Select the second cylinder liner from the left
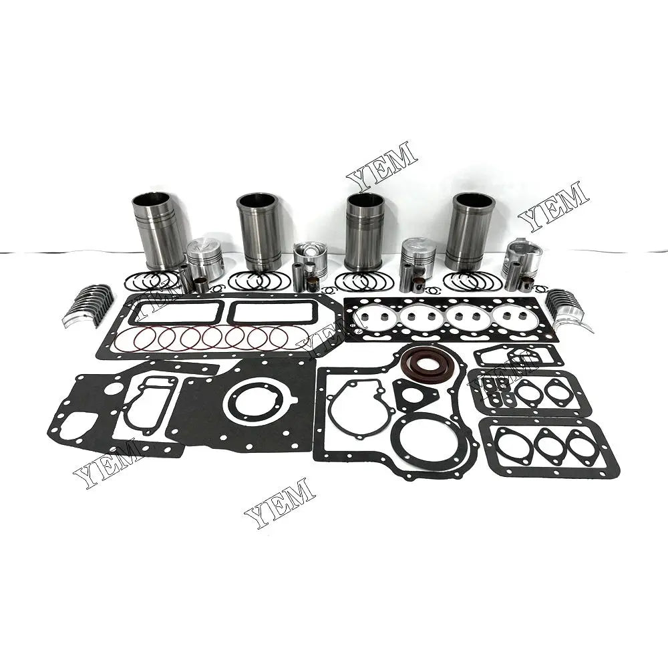pos(259,232)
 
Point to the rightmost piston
pos(522,258)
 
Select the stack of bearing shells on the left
pos(88,305)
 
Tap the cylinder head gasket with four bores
pos(451,319)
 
